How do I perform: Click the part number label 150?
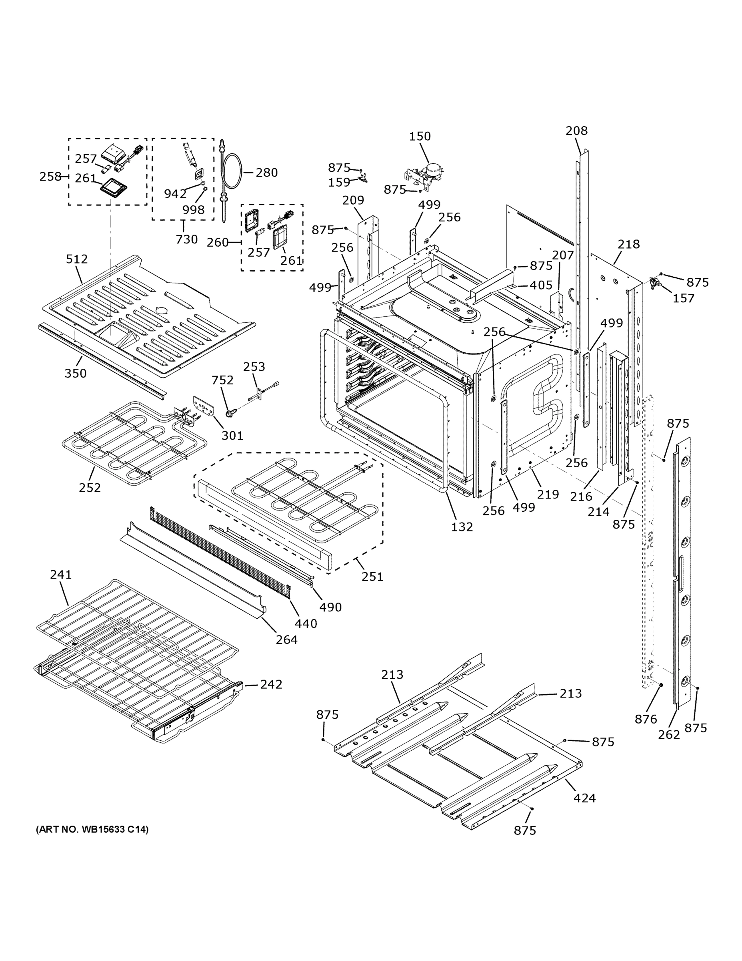pyautogui.click(x=420, y=137)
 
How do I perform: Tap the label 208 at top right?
pyautogui.click(x=576, y=131)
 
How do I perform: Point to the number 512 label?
pyautogui.click(x=77, y=259)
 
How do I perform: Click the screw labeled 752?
pyautogui.click(x=230, y=412)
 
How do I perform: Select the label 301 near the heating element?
pyautogui.click(x=232, y=436)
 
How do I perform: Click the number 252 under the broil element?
pyautogui.click(x=90, y=488)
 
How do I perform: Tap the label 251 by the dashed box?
pyautogui.click(x=372, y=577)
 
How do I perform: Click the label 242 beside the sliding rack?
pyautogui.click(x=271, y=684)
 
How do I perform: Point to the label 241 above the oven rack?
pyautogui.click(x=61, y=574)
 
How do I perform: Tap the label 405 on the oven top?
pyautogui.click(x=541, y=285)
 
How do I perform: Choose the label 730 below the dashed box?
pyautogui.click(x=187, y=239)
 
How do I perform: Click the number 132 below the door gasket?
pyautogui.click(x=462, y=527)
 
